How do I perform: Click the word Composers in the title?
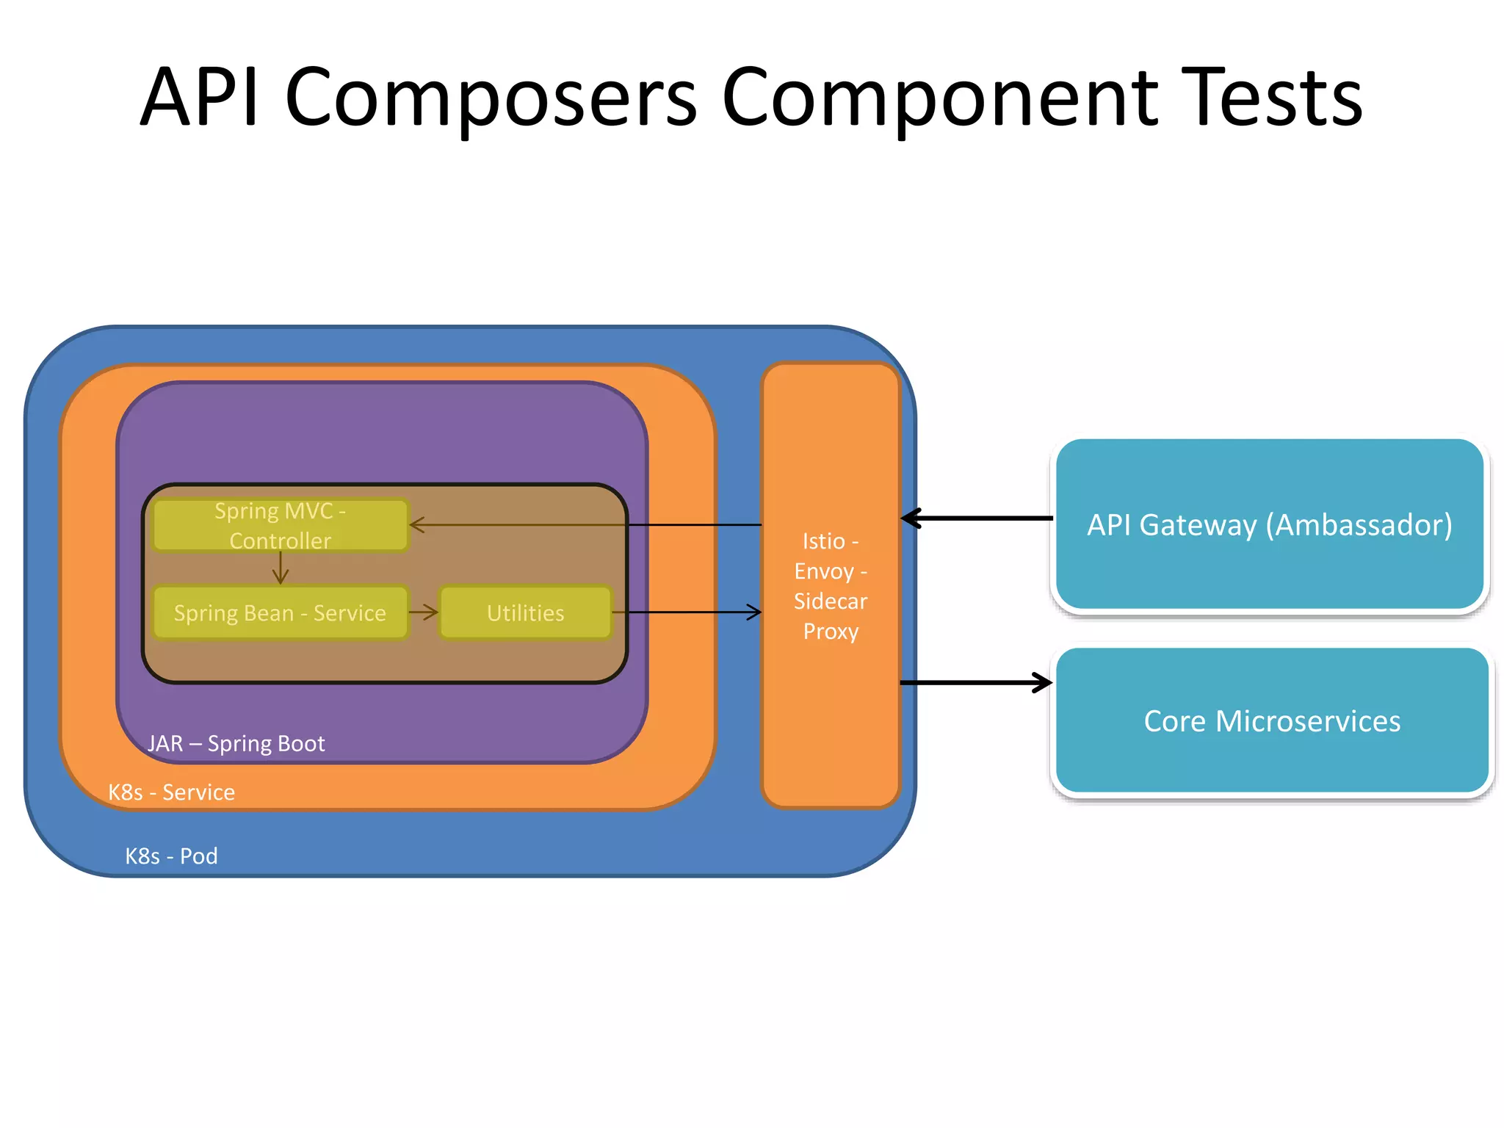491,99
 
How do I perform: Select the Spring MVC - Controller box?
280,526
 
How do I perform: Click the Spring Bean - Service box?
280,613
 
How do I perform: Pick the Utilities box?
526,613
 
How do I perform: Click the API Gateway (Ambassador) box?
1270,525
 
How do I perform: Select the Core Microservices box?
1272,721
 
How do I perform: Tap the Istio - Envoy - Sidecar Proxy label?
831,586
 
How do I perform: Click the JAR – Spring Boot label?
236,744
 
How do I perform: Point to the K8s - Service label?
171,792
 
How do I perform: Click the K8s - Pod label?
171,856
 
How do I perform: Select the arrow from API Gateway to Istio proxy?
977,518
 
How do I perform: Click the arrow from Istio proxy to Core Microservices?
977,683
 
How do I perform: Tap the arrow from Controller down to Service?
281,568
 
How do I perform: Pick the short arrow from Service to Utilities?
423,612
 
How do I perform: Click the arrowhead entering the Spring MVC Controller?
417,525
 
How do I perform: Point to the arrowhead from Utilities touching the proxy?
753,612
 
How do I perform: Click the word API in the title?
200,99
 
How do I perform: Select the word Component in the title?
940,99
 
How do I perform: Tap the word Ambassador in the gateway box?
1359,525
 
